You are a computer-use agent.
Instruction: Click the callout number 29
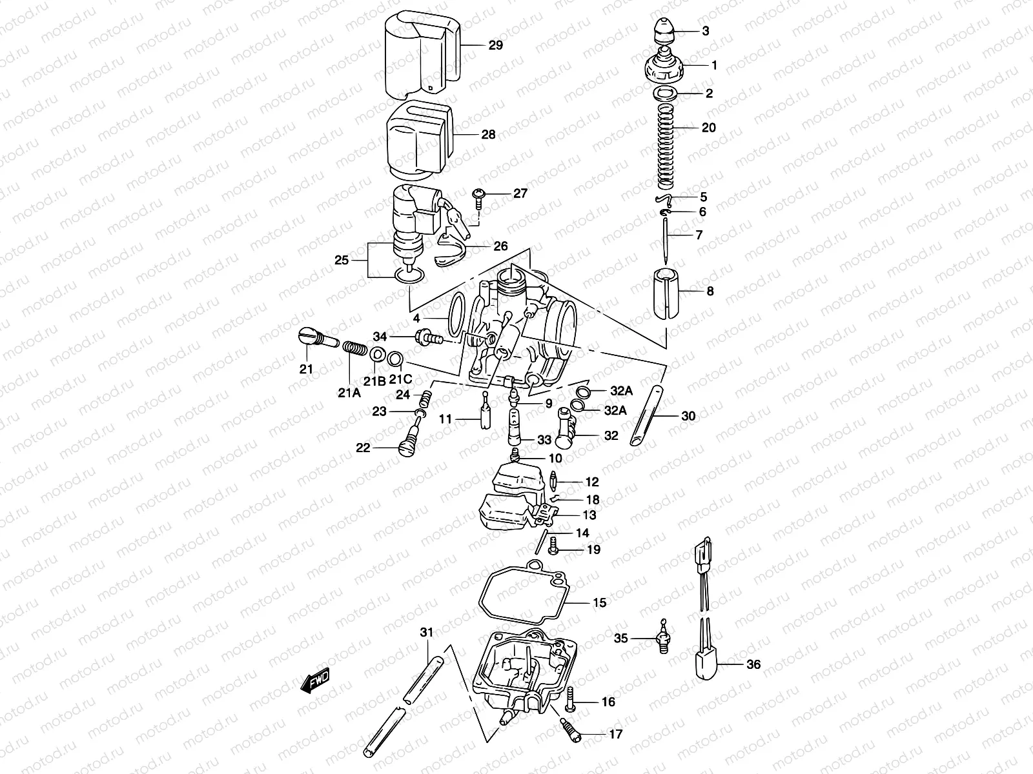495,45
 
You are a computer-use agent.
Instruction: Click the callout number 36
753,664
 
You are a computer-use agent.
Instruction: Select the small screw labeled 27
480,197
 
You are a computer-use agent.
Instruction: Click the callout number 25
342,260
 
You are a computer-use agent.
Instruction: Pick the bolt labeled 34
429,337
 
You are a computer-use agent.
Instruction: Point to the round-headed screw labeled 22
406,446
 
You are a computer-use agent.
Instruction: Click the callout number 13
589,515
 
